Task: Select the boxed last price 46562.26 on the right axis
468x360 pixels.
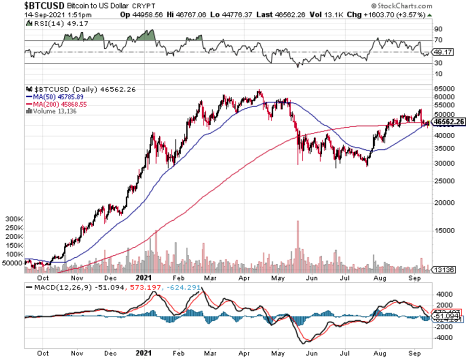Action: (449, 121)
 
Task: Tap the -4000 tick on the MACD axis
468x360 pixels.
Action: (442, 337)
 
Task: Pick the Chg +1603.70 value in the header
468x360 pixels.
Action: (394, 14)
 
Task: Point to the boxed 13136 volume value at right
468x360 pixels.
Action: (443, 269)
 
